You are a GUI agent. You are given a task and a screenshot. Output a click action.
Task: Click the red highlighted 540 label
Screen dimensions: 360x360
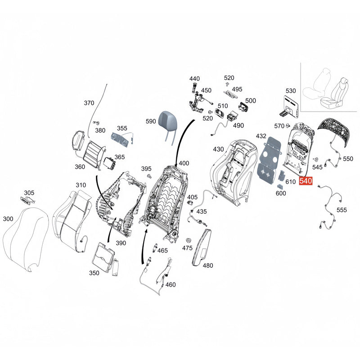point(306,181)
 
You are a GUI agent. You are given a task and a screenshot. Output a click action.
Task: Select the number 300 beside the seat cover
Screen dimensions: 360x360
point(8,219)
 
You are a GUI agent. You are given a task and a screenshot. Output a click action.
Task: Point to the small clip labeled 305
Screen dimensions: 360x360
point(28,200)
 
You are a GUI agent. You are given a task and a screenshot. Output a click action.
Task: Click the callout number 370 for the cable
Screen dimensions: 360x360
point(89,103)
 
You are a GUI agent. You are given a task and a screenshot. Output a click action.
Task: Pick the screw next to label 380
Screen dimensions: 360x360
point(96,123)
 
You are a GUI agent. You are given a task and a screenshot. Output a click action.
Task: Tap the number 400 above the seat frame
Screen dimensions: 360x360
point(184,163)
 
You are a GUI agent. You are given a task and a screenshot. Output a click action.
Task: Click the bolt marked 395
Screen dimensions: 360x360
point(149,176)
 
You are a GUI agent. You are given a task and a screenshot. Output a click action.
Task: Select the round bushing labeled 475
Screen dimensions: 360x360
point(188,240)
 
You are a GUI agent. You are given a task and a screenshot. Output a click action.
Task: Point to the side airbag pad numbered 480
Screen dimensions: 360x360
point(201,247)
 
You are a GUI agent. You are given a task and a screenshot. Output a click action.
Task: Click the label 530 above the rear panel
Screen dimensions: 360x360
point(291,91)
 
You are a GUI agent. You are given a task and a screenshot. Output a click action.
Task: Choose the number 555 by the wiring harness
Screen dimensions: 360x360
point(342,210)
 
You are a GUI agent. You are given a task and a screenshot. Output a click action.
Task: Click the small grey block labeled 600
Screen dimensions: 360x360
point(280,186)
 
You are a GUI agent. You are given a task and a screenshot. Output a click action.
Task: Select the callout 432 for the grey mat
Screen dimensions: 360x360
point(261,136)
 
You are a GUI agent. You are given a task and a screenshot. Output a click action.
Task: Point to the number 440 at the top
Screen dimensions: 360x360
point(194,79)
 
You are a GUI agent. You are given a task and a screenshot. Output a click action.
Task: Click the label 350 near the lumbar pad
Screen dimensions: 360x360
point(94,273)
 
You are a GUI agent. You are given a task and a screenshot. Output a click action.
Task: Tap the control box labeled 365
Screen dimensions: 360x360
point(110,163)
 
